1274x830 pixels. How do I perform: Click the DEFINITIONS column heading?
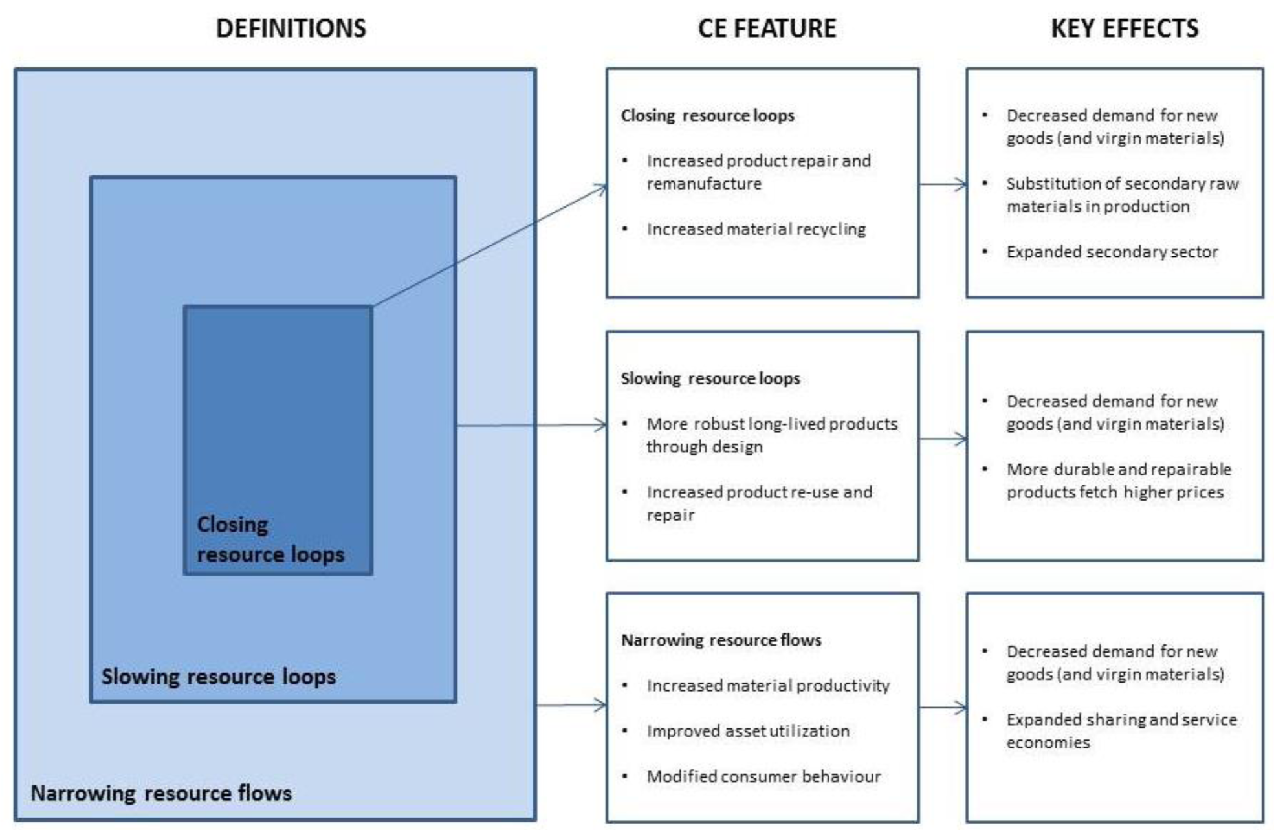coord(291,28)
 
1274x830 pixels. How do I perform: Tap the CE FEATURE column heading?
coord(767,28)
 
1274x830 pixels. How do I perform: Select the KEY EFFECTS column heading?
coord(1125,28)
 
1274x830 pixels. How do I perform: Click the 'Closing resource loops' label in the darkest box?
coord(270,539)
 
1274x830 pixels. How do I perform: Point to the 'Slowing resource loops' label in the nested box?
coord(219,677)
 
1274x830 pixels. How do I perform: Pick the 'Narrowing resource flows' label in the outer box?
coord(161,793)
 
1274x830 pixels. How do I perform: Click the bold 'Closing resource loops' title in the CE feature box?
coord(707,116)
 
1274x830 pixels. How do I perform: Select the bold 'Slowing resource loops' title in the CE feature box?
coord(710,378)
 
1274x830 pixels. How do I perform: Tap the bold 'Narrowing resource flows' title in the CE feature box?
coord(721,640)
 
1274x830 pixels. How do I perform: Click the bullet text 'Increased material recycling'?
coord(756,229)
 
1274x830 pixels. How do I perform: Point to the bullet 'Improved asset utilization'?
coord(748,731)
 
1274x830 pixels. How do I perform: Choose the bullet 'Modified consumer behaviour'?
coord(763,776)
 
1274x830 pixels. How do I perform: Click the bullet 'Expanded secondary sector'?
coord(1112,252)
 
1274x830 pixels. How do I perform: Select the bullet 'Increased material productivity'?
coord(768,686)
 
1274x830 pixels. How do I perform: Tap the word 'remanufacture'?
coord(704,184)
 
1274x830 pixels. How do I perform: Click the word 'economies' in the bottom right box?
coord(1048,743)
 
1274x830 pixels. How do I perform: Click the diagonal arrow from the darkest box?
coord(490,246)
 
